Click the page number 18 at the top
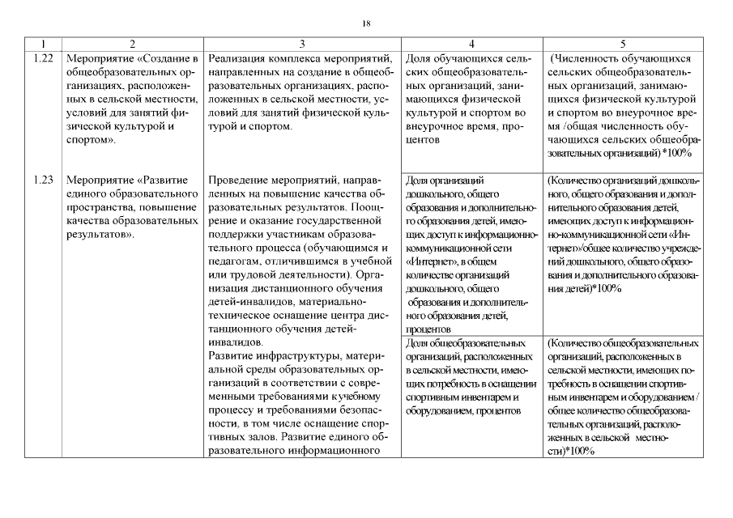click(366, 24)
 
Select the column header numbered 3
click(301, 43)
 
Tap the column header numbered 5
click(623, 43)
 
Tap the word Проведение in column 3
click(241, 180)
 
